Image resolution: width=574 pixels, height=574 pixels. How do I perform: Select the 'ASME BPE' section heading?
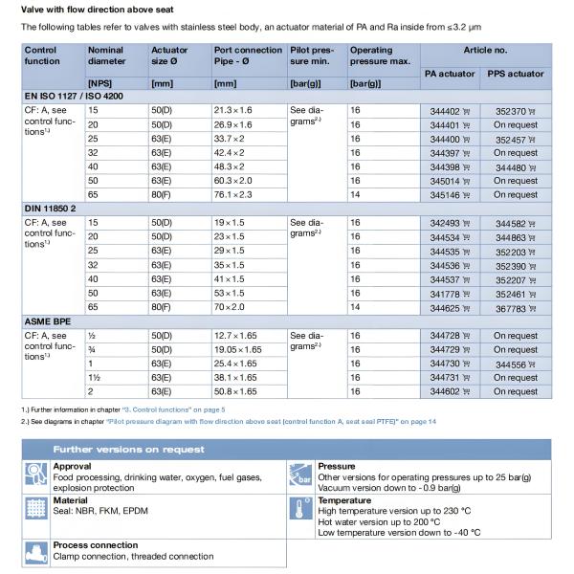[x=48, y=320]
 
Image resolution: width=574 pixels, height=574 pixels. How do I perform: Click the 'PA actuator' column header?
[x=450, y=73]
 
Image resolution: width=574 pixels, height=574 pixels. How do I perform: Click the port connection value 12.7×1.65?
[x=237, y=336]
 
